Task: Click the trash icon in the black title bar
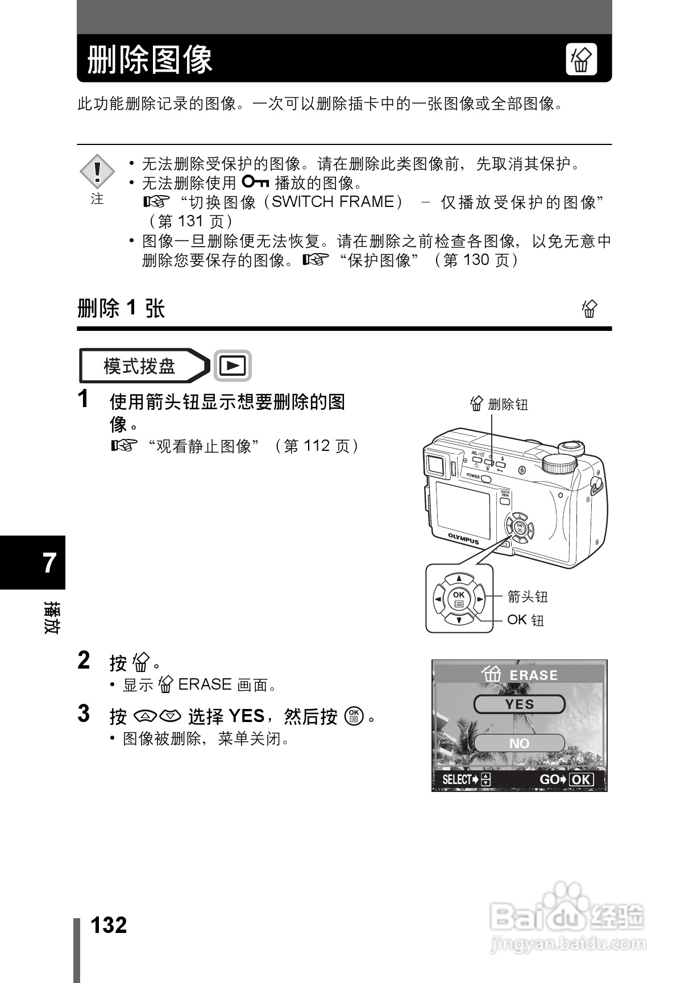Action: [x=581, y=59]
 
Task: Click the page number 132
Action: [x=109, y=925]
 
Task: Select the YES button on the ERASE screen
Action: [x=519, y=704]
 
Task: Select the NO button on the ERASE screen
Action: [x=519, y=743]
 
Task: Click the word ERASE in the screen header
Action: [x=533, y=675]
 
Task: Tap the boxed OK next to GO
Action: [x=580, y=779]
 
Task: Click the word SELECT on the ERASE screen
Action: [x=457, y=779]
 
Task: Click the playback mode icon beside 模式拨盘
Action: [x=233, y=366]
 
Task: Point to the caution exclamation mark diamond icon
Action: [x=97, y=171]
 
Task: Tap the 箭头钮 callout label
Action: [x=527, y=596]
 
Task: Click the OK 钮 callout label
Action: [x=525, y=620]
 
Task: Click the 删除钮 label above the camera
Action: [x=507, y=404]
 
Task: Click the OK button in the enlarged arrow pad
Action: [x=459, y=599]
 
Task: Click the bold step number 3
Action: [x=84, y=714]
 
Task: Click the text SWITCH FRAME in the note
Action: [x=333, y=202]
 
